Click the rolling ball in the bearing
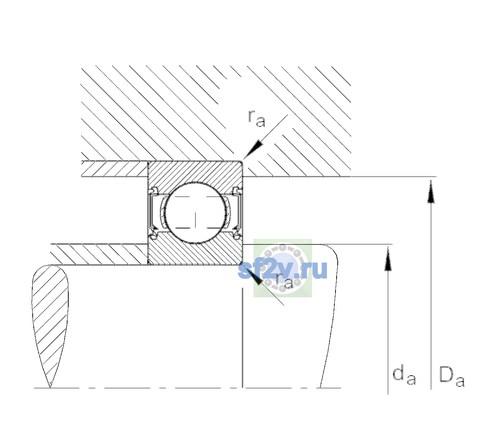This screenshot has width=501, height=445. click(x=195, y=213)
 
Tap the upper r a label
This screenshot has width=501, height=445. click(x=257, y=119)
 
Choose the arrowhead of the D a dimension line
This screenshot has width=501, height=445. click(x=431, y=191)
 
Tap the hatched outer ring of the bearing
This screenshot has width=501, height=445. click(x=195, y=173)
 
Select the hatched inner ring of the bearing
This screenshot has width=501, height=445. click(x=195, y=253)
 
